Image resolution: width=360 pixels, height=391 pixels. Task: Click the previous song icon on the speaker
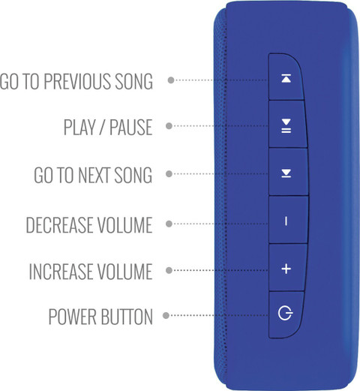[286, 78]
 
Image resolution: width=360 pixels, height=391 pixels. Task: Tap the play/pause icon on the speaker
[286, 126]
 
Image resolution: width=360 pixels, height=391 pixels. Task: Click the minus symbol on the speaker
[286, 221]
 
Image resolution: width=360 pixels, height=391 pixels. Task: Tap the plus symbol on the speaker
[286, 269]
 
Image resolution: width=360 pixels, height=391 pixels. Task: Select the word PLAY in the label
[79, 127]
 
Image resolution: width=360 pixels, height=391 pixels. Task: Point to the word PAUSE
[131, 127]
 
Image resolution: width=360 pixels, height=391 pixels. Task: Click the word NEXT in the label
[94, 175]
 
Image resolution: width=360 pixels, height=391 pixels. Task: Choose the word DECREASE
[59, 225]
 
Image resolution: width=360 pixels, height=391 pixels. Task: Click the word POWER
[73, 317]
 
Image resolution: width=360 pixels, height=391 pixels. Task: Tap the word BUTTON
[127, 317]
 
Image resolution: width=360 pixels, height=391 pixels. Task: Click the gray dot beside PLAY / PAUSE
[169, 126]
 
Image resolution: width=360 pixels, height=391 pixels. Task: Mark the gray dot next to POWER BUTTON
[166, 315]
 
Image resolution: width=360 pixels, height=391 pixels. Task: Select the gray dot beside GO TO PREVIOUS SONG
[171, 80]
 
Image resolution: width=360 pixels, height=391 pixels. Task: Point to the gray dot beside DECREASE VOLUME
[169, 224]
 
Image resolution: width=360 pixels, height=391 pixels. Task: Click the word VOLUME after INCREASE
[124, 271]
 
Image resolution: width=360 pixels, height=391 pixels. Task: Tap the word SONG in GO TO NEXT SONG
[133, 175]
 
